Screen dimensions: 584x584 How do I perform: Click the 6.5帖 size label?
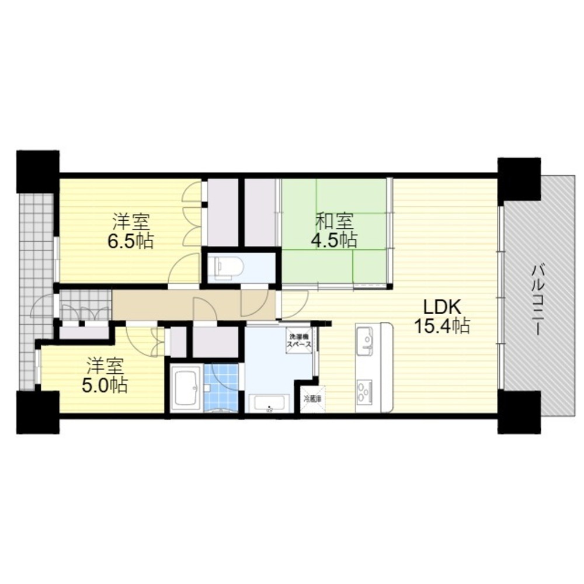click(x=130, y=241)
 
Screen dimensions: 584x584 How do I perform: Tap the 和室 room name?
click(x=334, y=221)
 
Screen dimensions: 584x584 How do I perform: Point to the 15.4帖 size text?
click(x=442, y=326)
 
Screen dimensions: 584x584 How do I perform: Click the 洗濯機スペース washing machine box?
click(x=298, y=340)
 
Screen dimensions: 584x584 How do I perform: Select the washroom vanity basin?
click(x=269, y=403)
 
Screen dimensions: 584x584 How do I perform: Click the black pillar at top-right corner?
click(x=519, y=178)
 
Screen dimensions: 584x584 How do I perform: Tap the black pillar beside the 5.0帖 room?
click(x=37, y=412)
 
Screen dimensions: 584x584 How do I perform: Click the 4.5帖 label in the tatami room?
click(x=334, y=240)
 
